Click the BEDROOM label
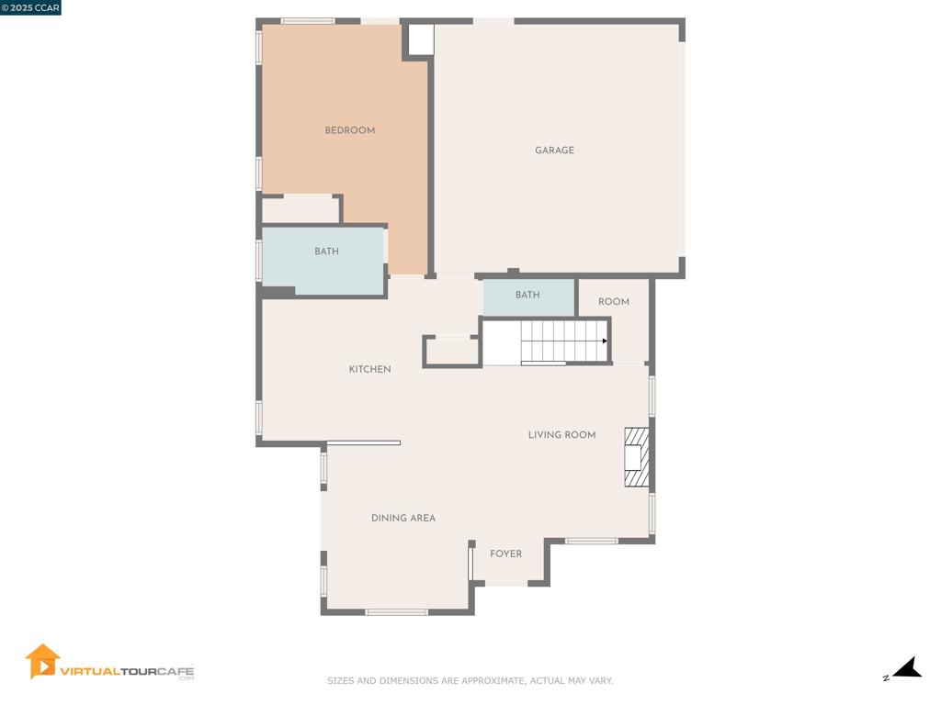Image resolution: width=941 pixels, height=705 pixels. click(350, 130)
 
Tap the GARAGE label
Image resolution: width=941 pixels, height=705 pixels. click(554, 150)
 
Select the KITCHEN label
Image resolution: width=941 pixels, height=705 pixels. click(369, 369)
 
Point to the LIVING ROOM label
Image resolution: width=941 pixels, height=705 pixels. click(561, 434)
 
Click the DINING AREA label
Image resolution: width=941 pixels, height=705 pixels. click(403, 518)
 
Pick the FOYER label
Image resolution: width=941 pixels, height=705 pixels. click(506, 554)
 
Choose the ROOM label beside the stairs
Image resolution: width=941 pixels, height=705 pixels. click(613, 301)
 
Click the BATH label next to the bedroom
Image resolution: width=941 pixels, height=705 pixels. click(326, 252)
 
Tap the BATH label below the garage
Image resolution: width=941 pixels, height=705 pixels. click(527, 295)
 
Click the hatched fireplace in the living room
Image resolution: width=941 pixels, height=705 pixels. click(637, 457)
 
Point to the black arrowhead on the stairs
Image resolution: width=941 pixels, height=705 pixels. click(605, 341)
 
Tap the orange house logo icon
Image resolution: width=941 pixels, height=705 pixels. click(42, 661)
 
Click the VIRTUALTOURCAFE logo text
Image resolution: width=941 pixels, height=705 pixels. click(127, 671)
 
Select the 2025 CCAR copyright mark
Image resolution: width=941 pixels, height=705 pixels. click(30, 7)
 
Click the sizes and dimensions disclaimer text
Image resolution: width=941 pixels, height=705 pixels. click(470, 680)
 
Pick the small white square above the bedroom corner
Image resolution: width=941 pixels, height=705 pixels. click(421, 39)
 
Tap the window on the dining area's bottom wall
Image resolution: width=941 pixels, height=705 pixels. click(397, 612)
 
